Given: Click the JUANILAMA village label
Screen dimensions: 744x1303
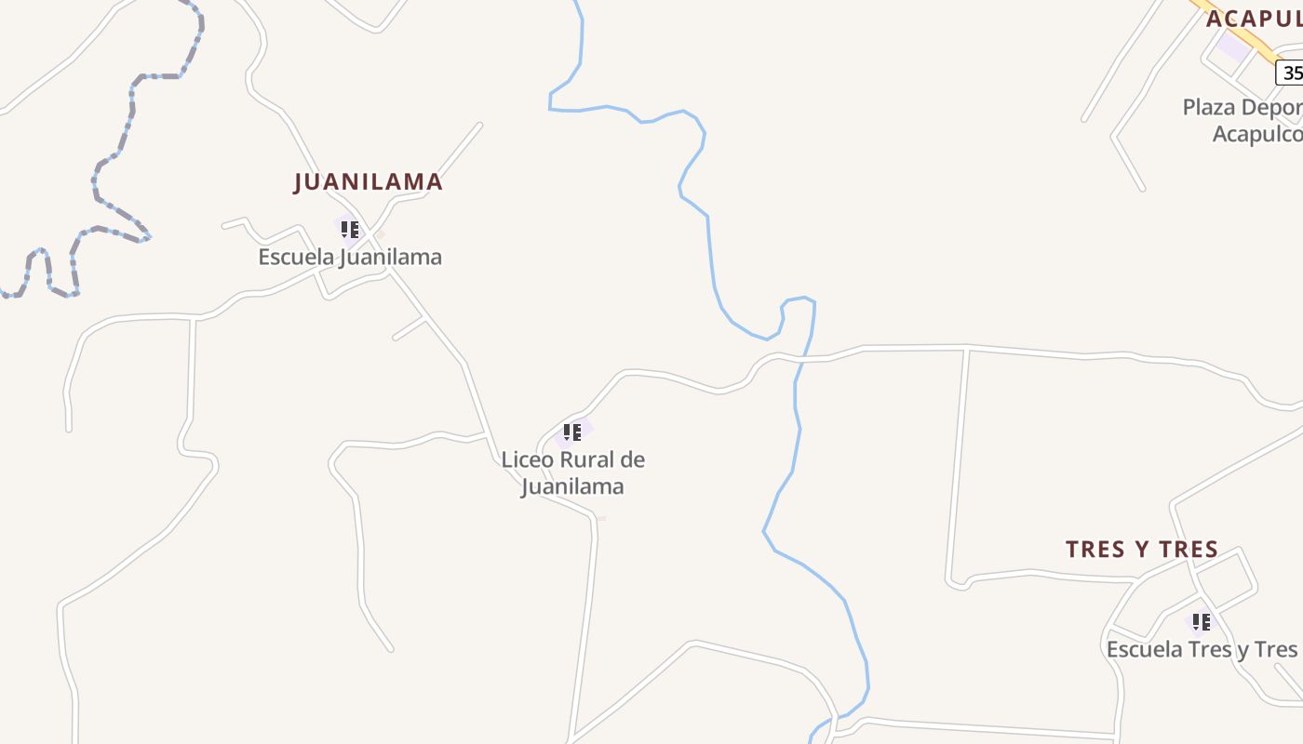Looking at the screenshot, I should click(x=368, y=182).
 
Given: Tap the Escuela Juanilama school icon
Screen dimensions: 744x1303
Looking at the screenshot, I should click(x=349, y=229).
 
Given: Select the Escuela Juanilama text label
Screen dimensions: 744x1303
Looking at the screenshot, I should click(x=350, y=257).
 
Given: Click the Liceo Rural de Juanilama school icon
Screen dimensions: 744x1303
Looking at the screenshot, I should click(x=572, y=432).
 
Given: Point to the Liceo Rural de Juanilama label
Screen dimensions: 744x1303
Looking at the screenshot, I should click(x=572, y=472).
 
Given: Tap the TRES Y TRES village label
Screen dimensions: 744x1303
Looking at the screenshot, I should click(x=1142, y=550).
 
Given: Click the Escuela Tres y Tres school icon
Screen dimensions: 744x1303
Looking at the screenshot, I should click(x=1202, y=621).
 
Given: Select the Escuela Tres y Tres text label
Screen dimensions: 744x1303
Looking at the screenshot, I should click(x=1202, y=649).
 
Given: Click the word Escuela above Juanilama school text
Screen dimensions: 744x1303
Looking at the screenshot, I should click(x=296, y=257).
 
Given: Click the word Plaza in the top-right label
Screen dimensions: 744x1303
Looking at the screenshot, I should click(x=1208, y=108).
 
